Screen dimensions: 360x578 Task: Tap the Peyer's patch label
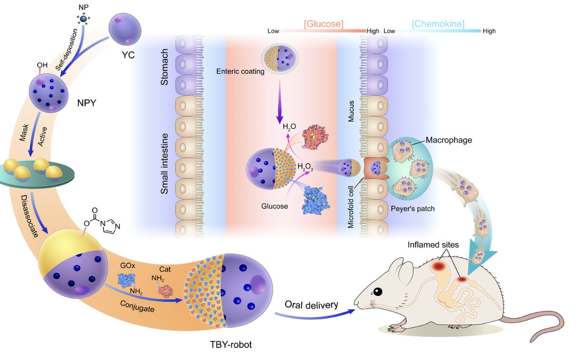[418, 209]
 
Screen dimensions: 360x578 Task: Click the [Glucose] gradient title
[323, 23]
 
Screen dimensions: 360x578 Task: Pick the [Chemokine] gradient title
[438, 23]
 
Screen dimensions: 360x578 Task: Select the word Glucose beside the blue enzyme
[275, 206]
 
